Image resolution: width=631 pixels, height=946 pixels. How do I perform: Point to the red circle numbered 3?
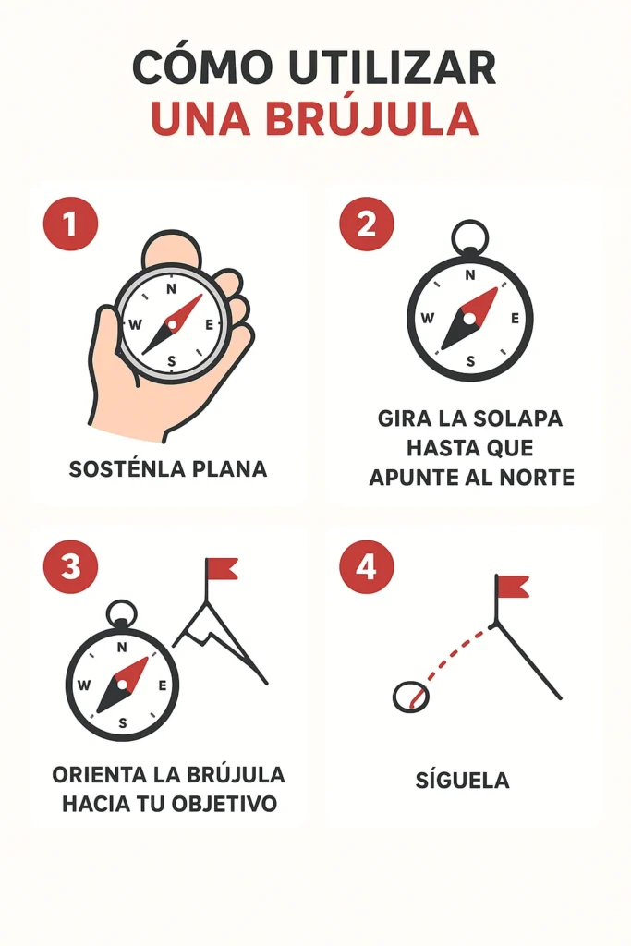(x=70, y=565)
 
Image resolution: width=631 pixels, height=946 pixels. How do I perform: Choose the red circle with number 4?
(x=366, y=565)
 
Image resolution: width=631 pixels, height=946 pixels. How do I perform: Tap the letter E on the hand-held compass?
(x=210, y=324)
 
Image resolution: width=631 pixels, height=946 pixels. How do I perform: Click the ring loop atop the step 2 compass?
(x=470, y=236)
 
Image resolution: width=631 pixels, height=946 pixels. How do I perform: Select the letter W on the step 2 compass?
(x=427, y=319)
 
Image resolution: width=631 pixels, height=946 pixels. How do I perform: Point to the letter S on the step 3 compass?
(x=122, y=722)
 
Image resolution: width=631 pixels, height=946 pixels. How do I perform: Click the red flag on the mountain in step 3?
(x=222, y=568)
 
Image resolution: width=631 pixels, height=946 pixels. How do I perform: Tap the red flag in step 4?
(x=513, y=586)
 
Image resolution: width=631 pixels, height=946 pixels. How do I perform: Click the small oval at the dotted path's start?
(x=411, y=697)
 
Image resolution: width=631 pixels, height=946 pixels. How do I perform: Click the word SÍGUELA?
(x=462, y=780)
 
